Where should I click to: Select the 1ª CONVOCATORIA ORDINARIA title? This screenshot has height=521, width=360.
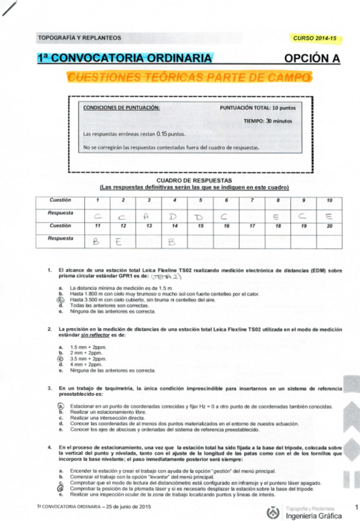tap(127, 59)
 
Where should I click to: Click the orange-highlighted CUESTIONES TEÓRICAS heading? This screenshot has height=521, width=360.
tap(189, 77)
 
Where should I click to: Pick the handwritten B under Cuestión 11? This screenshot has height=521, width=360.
tap(95, 241)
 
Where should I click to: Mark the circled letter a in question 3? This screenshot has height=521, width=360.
tap(61, 407)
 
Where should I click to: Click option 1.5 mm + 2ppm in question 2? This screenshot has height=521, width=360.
tap(84, 347)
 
